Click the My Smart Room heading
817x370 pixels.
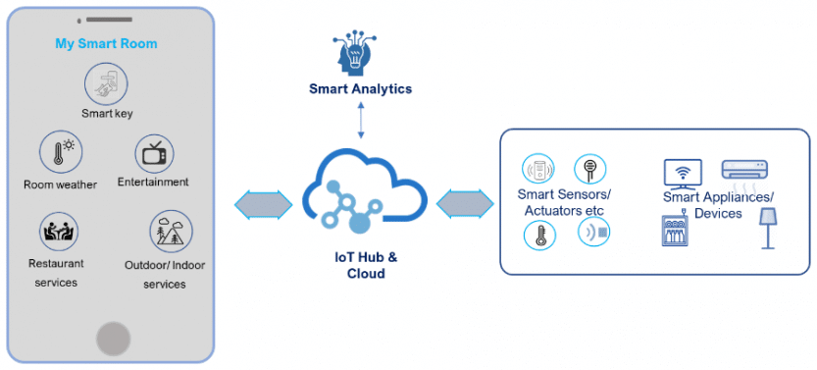tap(106, 44)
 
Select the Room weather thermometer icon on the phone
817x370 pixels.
tap(59, 153)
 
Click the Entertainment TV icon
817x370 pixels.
tap(154, 152)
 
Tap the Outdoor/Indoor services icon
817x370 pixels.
tap(165, 233)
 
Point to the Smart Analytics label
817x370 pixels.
tap(360, 89)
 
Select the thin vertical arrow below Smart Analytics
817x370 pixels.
tap(361, 120)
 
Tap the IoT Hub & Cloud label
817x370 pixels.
tap(361, 266)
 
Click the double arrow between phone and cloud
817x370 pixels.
tap(264, 204)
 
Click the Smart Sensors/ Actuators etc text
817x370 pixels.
tap(563, 202)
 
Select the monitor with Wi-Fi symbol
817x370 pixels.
tap(683, 174)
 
